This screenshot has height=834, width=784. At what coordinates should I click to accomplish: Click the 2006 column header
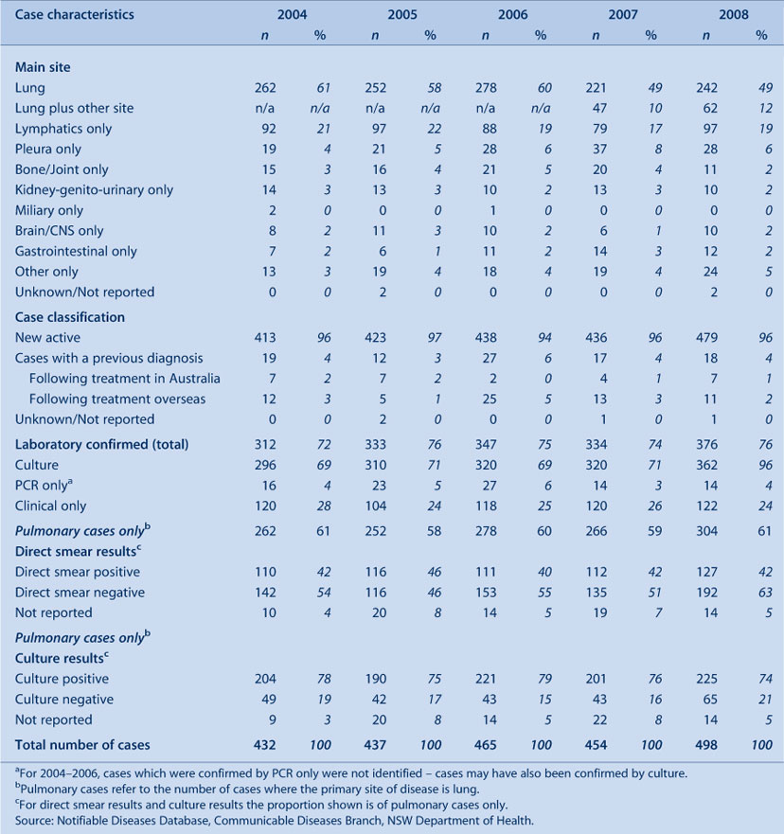point(513,14)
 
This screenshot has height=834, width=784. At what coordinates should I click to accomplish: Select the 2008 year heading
point(734,14)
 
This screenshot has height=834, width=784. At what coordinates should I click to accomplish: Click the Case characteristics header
point(75,14)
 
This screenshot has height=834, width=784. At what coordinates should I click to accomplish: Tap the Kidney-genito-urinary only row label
point(94,190)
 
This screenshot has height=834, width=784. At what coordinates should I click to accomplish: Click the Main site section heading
point(43,67)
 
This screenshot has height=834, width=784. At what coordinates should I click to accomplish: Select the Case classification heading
point(70,317)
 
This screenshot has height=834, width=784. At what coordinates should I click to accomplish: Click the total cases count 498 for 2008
point(705,745)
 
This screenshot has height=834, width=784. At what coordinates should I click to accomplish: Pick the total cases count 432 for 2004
point(264,745)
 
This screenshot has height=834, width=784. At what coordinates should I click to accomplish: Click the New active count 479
point(705,338)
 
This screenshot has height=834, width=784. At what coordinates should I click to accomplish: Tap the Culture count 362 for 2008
point(705,465)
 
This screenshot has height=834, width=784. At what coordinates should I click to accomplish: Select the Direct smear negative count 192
point(706,593)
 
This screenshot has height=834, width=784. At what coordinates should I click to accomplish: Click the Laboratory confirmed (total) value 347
point(486,445)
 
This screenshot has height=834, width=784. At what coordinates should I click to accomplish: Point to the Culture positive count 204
point(265,679)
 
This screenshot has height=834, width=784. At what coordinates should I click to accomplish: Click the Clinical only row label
point(50,506)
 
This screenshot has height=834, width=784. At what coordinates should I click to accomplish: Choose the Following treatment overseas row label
point(117,399)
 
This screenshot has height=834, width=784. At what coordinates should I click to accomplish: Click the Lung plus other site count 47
point(600,109)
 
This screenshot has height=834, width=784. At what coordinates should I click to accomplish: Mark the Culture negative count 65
point(710,700)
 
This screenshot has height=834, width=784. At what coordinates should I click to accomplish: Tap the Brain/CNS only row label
point(59,231)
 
